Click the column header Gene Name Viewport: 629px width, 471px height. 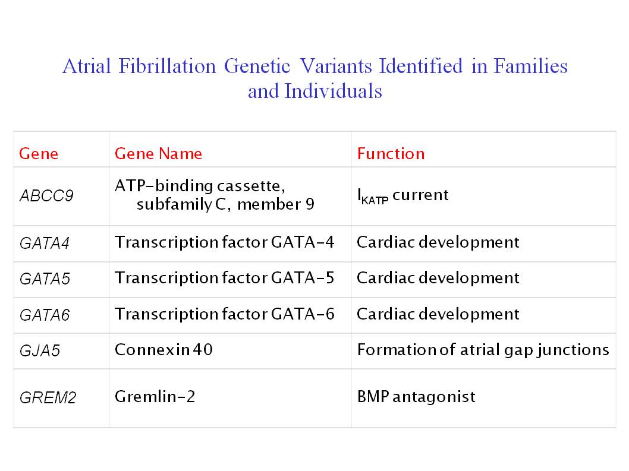coord(158,153)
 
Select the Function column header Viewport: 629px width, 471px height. coord(391,153)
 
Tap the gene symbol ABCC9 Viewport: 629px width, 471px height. coord(46,195)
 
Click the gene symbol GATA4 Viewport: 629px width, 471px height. coord(45,243)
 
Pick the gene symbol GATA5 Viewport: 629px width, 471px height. coord(45,279)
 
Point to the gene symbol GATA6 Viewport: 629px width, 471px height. coord(45,315)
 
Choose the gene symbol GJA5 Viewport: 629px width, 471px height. coord(40,351)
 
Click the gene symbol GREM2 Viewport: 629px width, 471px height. coord(48,397)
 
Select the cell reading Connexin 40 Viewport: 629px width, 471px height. coord(163,350)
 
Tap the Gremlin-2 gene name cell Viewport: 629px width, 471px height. coord(155,396)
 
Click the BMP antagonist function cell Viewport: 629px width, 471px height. coord(416,396)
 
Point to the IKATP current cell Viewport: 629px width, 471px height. coord(402,195)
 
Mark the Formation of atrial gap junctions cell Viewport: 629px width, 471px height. coord(483,350)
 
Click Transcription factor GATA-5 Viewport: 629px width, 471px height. coord(224,278)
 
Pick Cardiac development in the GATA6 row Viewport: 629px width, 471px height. coord(438,314)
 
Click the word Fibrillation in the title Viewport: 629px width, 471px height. coord(167,66)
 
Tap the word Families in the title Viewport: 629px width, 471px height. coord(530,66)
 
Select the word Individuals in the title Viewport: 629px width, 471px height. coord(333,91)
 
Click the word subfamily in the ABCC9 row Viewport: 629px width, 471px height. coord(174,204)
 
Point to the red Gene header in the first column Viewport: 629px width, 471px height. coord(39,153)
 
